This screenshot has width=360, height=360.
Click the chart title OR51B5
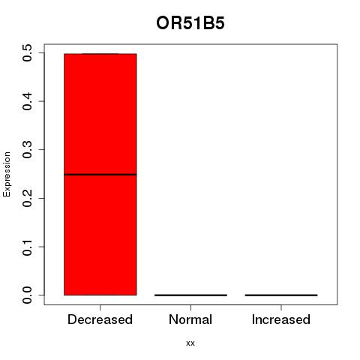pyautogui.click(x=190, y=23)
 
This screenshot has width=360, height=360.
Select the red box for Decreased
pyautogui.click(x=100, y=174)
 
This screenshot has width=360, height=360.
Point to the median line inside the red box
pyautogui.click(x=100, y=175)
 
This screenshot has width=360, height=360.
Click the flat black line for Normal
pyautogui.click(x=190, y=295)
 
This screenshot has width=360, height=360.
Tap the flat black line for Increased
pyautogui.click(x=281, y=295)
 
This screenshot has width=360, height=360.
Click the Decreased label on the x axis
pyautogui.click(x=100, y=319)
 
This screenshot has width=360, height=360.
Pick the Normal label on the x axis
pyautogui.click(x=190, y=319)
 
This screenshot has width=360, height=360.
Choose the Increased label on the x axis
pyautogui.click(x=281, y=319)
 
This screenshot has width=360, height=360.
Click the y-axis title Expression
pyautogui.click(x=7, y=174)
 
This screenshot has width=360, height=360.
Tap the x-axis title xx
pyautogui.click(x=190, y=343)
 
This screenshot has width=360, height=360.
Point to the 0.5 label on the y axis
pyautogui.click(x=27, y=53)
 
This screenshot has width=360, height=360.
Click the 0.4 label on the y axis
pyautogui.click(x=27, y=101)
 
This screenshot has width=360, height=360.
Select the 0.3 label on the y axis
pyautogui.click(x=27, y=150)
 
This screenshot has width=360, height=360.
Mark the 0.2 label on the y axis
pyautogui.click(x=27, y=198)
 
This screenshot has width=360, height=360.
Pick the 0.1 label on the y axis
pyautogui.click(x=27, y=247)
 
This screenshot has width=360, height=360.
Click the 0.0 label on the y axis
pyautogui.click(x=27, y=295)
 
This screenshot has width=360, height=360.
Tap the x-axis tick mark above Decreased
pyautogui.click(x=100, y=307)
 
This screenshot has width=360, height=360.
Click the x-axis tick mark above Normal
pyautogui.click(x=190, y=307)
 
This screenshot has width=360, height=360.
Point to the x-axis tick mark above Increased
pyautogui.click(x=281, y=307)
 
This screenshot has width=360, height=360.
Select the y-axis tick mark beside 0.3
pyautogui.click(x=41, y=150)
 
